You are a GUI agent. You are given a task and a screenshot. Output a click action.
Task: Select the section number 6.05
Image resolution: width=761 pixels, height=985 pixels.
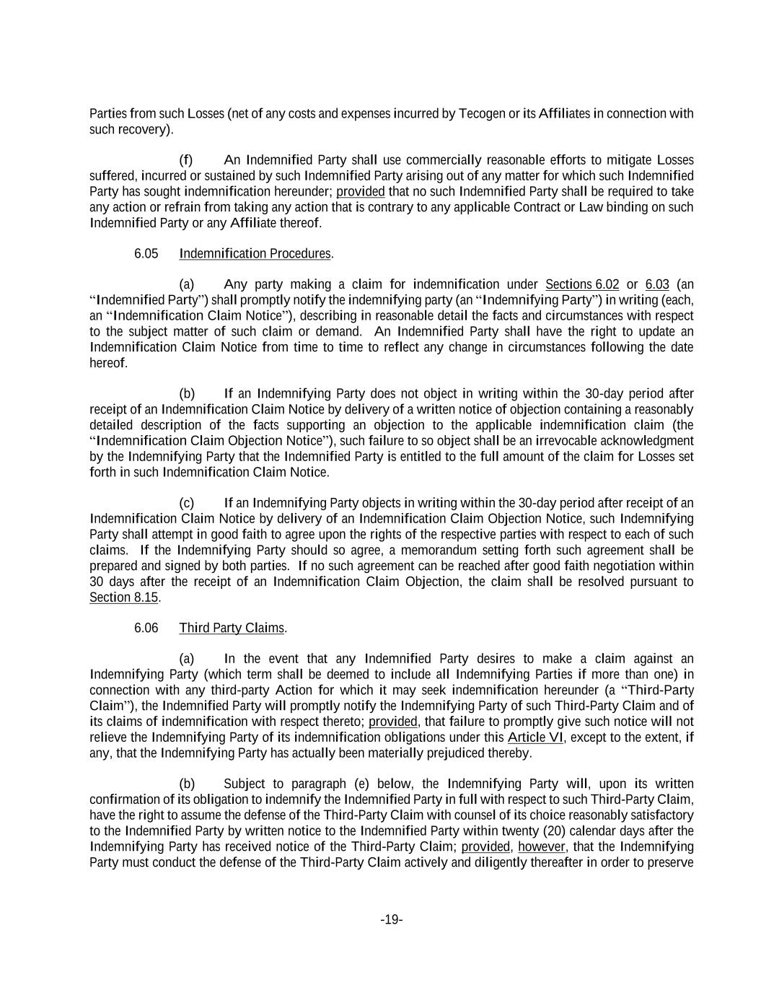146,253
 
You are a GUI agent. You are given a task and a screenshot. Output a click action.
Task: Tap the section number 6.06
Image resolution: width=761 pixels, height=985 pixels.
146,628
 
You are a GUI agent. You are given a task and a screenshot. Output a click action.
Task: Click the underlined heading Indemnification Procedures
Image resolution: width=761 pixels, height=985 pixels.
255,253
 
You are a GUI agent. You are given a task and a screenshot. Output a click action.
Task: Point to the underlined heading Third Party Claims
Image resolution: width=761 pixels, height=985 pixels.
232,628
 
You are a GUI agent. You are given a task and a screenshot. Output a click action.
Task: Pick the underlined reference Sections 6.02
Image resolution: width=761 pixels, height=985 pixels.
582,284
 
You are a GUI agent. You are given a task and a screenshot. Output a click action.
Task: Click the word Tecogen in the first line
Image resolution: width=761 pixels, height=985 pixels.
481,113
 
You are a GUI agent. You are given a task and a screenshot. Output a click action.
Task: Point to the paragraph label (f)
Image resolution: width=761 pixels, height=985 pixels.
186,160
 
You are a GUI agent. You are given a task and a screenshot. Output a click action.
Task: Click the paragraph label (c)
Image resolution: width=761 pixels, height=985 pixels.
186,503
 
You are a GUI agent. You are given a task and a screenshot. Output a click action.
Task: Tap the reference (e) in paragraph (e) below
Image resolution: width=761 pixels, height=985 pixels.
361,784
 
